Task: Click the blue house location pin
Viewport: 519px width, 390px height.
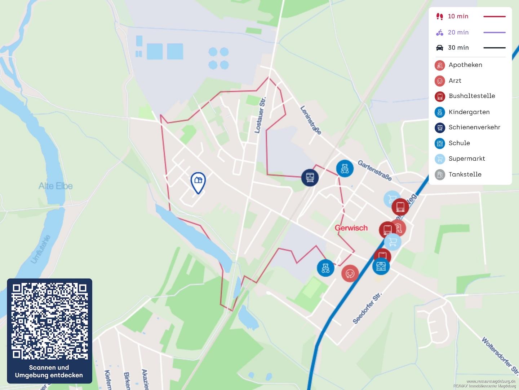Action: pyautogui.click(x=198, y=182)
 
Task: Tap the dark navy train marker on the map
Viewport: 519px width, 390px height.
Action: pyautogui.click(x=310, y=177)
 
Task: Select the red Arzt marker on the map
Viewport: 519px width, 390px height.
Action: pyautogui.click(x=350, y=273)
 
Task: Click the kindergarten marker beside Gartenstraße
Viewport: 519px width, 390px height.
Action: pyautogui.click(x=345, y=168)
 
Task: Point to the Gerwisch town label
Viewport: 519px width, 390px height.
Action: pyautogui.click(x=351, y=228)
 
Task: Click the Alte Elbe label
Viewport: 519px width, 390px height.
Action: pyautogui.click(x=56, y=186)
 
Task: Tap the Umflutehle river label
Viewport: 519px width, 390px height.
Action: pyautogui.click(x=41, y=249)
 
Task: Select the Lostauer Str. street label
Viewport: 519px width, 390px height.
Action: pyautogui.click(x=260, y=115)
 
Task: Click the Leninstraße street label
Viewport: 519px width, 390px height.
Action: pyautogui.click(x=311, y=120)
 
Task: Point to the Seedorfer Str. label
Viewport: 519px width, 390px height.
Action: pyautogui.click(x=367, y=308)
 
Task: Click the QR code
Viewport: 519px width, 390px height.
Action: pyautogui.click(x=50, y=321)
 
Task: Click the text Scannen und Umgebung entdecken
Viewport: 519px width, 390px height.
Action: pyautogui.click(x=49, y=371)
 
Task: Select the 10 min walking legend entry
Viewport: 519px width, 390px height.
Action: pyautogui.click(x=458, y=16)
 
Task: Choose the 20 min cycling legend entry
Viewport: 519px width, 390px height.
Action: pyautogui.click(x=458, y=32)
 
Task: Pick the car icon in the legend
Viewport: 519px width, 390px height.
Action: pyautogui.click(x=440, y=48)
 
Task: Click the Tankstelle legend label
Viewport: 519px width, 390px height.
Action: pyautogui.click(x=465, y=174)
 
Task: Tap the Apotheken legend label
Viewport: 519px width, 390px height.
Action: pyautogui.click(x=465, y=65)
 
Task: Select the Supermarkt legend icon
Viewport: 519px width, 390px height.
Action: pyautogui.click(x=440, y=159)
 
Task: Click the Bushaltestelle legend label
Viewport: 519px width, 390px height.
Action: pyautogui.click(x=472, y=96)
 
